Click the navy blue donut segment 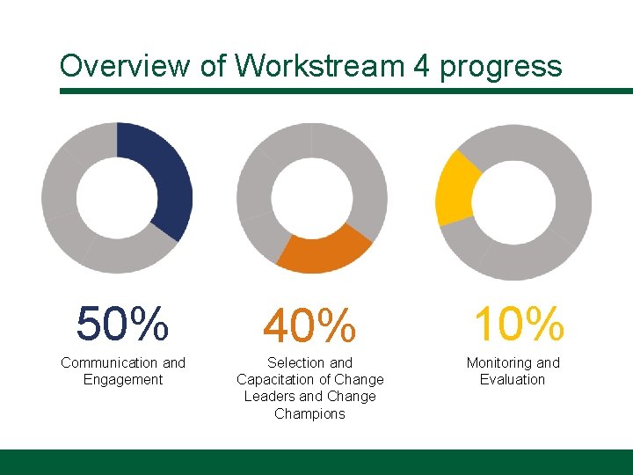(167, 176)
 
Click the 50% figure (122, 324)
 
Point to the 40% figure (310, 326)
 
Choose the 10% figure (518, 324)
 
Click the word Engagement (123, 379)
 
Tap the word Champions (309, 413)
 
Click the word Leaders (271, 397)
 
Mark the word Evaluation (513, 379)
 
